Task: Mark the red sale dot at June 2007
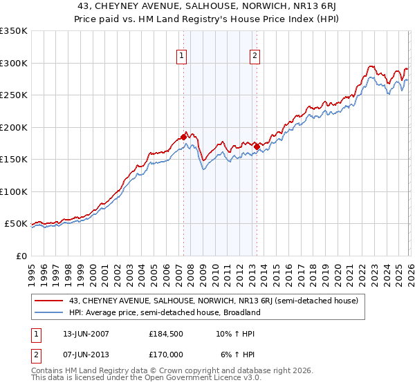click(x=183, y=137)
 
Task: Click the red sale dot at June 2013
click(x=257, y=147)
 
